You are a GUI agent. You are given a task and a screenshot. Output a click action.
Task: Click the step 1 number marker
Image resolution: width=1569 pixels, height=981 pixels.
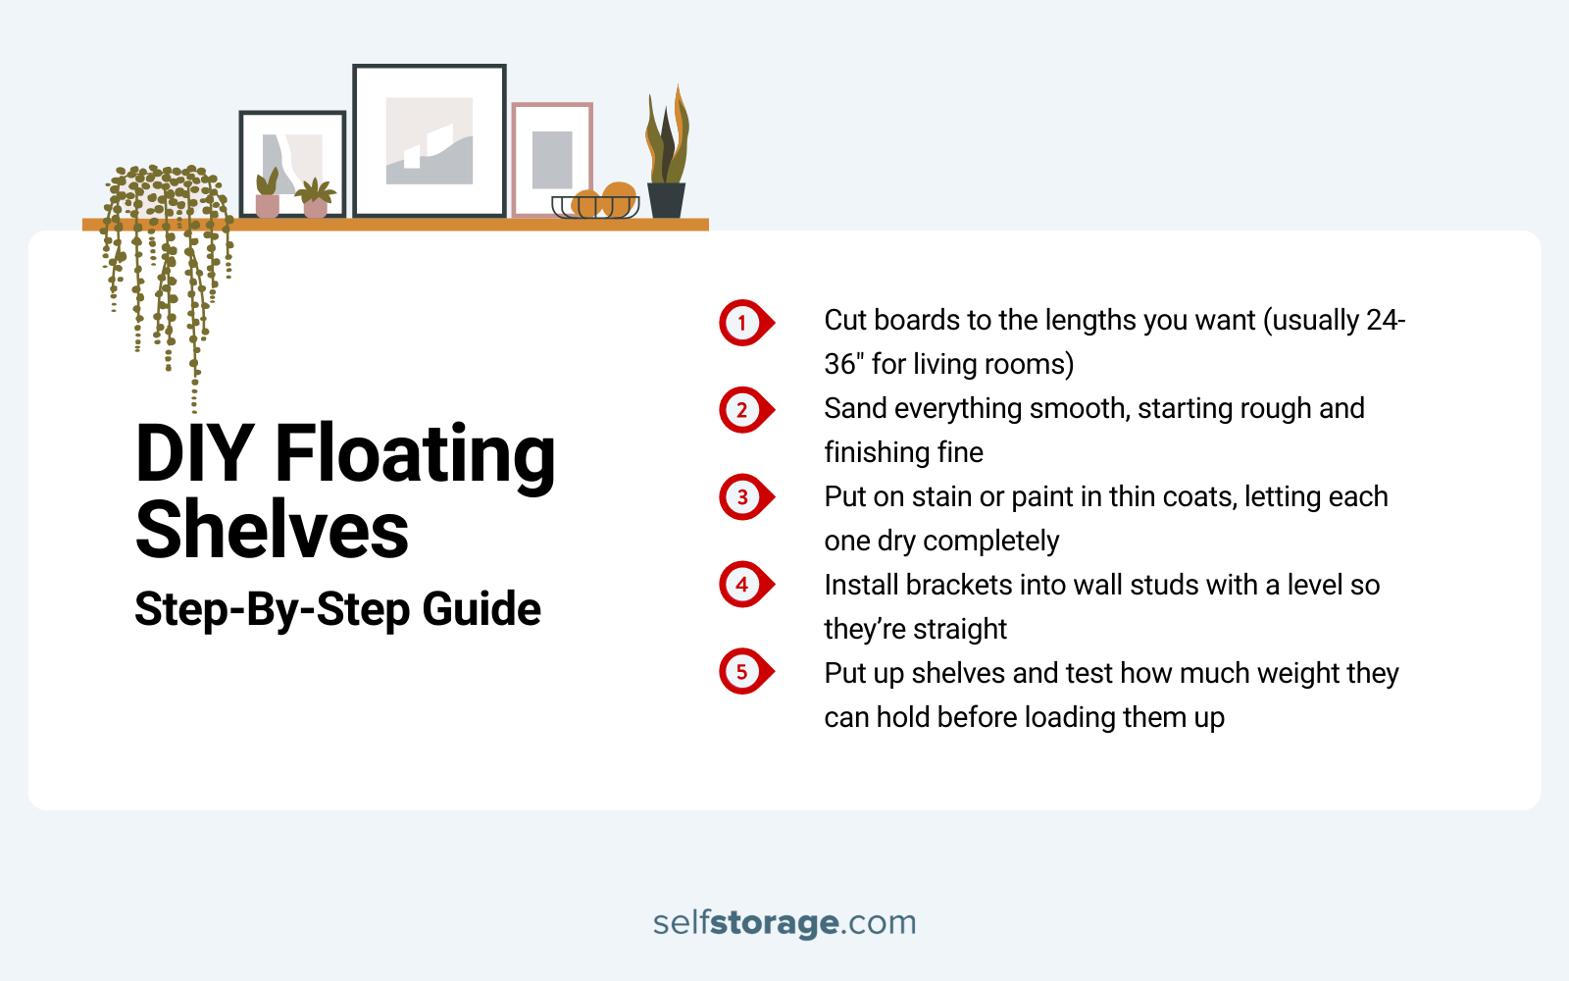tap(743, 323)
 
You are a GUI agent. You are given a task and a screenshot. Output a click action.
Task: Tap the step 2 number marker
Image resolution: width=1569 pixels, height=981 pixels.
tap(743, 410)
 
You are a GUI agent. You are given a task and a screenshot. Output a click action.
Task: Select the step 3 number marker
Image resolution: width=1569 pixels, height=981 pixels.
tap(743, 497)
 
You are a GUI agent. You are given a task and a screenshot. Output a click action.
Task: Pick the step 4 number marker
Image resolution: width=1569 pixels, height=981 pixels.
tap(743, 585)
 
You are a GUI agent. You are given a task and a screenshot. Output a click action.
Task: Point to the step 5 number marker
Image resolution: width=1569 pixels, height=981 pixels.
tap(743, 672)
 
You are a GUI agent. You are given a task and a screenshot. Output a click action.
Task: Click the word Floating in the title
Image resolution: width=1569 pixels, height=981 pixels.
tap(415, 454)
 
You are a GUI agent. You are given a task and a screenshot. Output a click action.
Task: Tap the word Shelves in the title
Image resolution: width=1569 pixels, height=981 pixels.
tap(272, 530)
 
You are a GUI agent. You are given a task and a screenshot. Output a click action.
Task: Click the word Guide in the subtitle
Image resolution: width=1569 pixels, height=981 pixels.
tap(481, 609)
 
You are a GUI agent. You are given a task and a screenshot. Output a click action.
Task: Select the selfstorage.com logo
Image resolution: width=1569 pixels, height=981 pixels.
tap(784, 922)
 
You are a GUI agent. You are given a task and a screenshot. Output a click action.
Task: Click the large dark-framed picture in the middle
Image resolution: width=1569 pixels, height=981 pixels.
tap(430, 140)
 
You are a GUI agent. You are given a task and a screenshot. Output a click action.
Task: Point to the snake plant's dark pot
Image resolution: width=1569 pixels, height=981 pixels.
tap(666, 200)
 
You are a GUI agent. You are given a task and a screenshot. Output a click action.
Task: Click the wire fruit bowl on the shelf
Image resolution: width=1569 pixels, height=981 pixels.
tap(595, 207)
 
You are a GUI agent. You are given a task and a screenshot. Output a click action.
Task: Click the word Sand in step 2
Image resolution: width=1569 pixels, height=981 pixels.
tap(855, 408)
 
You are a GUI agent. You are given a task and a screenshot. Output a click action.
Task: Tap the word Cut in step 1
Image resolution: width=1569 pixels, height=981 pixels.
tap(845, 321)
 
